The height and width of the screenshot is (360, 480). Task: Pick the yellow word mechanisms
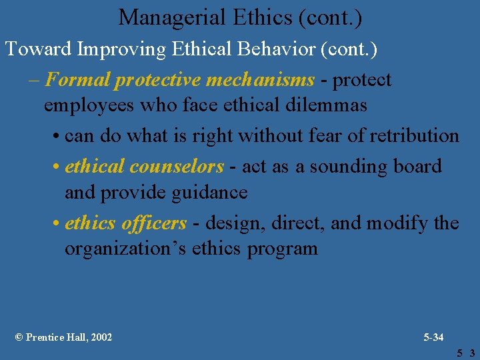[x=260, y=80]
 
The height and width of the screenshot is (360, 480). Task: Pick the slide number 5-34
[x=433, y=337]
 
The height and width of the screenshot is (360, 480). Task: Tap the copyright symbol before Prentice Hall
[x=19, y=337]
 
